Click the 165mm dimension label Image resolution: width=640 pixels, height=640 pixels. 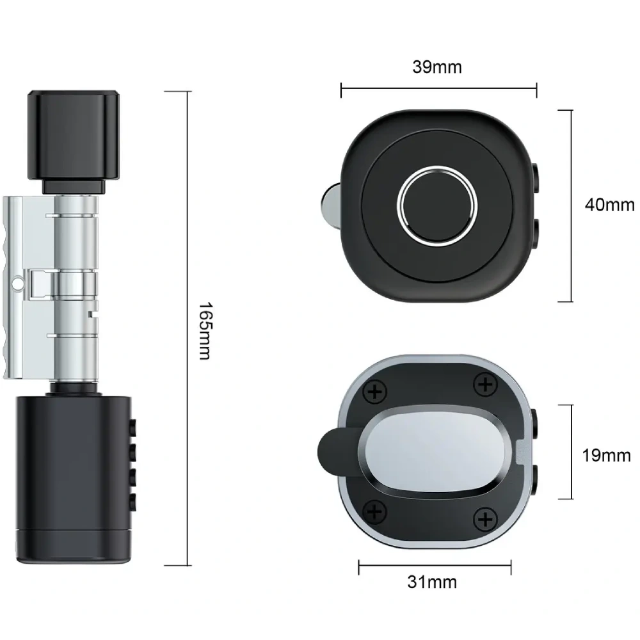[x=205, y=331]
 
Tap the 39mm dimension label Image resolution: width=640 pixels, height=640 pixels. [x=437, y=67]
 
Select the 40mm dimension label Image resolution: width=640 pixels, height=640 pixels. [x=610, y=205]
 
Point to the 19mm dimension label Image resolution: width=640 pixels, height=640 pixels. [x=607, y=455]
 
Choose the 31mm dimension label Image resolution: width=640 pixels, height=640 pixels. [x=432, y=582]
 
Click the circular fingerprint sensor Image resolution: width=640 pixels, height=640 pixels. [x=437, y=205]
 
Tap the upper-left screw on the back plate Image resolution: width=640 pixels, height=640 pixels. [x=374, y=392]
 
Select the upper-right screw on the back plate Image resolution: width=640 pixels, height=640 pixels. [x=485, y=384]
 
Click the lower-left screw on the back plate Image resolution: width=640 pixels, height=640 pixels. [x=374, y=511]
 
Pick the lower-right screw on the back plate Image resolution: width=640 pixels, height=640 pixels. [x=485, y=519]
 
